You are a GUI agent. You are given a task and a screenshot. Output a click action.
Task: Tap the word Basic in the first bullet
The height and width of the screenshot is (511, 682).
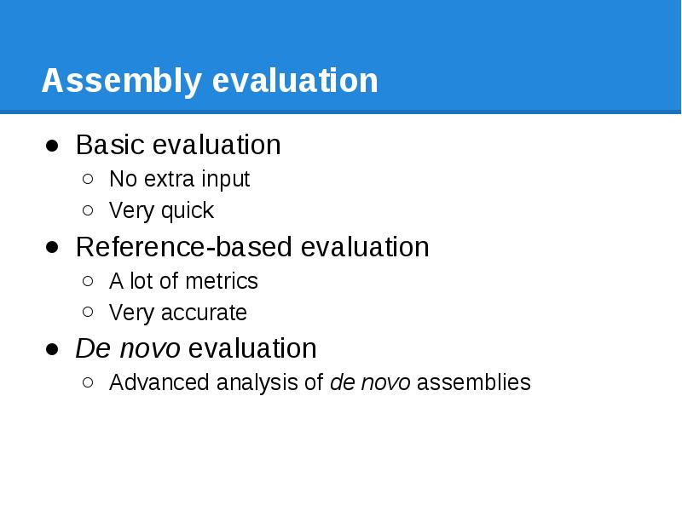point(110,145)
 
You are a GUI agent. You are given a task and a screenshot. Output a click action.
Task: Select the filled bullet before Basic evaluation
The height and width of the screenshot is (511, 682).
point(53,146)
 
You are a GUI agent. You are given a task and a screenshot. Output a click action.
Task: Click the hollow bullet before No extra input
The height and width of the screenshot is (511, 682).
point(89,180)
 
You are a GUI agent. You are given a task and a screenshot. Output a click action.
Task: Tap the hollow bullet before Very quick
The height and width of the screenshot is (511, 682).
point(89,211)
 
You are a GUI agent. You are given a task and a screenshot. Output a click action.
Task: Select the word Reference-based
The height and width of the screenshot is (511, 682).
point(184,247)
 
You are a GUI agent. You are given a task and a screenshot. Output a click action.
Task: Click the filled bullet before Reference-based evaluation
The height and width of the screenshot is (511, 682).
point(53,248)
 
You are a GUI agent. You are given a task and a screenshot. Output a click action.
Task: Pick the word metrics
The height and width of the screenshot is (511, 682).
point(224,281)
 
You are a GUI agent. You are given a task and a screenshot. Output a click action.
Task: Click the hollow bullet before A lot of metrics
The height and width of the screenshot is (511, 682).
point(89,282)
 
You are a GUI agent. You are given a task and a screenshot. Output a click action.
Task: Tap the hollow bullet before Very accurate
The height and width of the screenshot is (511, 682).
point(89,313)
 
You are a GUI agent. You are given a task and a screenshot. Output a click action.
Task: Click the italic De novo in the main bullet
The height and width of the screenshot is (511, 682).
point(128,349)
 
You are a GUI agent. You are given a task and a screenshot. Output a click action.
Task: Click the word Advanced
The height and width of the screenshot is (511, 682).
point(159,383)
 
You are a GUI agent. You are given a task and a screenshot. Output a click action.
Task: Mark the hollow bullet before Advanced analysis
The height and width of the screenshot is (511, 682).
point(89,383)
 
